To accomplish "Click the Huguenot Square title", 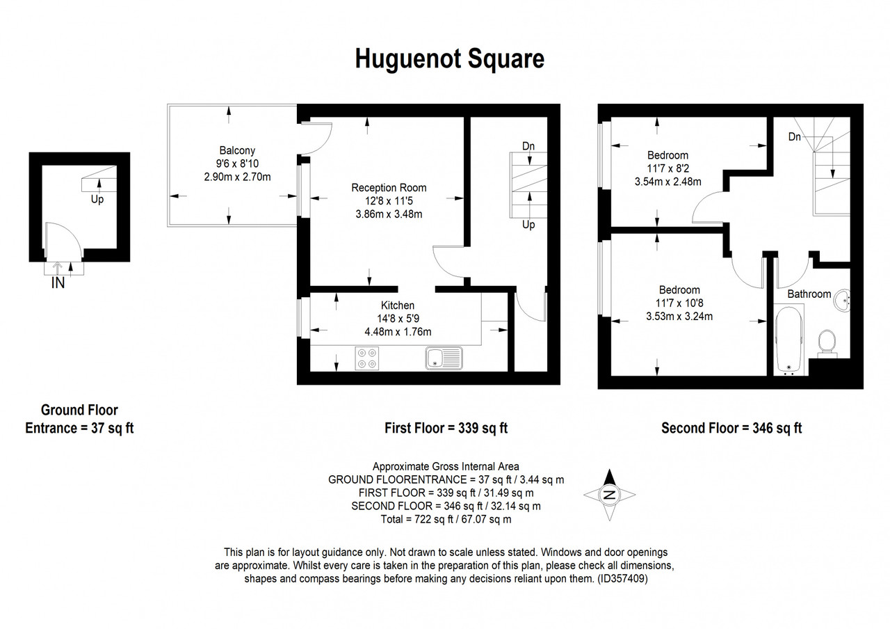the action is pos(449,59).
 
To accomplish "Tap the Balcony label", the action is pos(237,150).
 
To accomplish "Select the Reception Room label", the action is pos(389,188).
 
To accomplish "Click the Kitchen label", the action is pos(398,305).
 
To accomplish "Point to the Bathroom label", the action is pos(809,294).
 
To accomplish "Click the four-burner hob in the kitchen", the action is pos(366,358).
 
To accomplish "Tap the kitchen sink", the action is pos(444,358).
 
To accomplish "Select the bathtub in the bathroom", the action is pos(789,340).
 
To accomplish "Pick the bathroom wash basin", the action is pos(842,301).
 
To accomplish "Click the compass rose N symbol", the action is pos(609,495).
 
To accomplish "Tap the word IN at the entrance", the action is pos(58,283).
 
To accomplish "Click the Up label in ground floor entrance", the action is pos(97,199).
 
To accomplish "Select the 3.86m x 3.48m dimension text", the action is pos(389,214).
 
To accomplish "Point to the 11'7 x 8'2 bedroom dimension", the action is pos(668,168).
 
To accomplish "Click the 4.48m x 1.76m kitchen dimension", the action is pos(398,332).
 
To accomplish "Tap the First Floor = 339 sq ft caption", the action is pos(446,428).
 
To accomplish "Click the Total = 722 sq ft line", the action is pos(446,519).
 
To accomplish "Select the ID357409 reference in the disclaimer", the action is pos(622,578).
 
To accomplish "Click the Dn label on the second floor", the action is pos(795,137).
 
